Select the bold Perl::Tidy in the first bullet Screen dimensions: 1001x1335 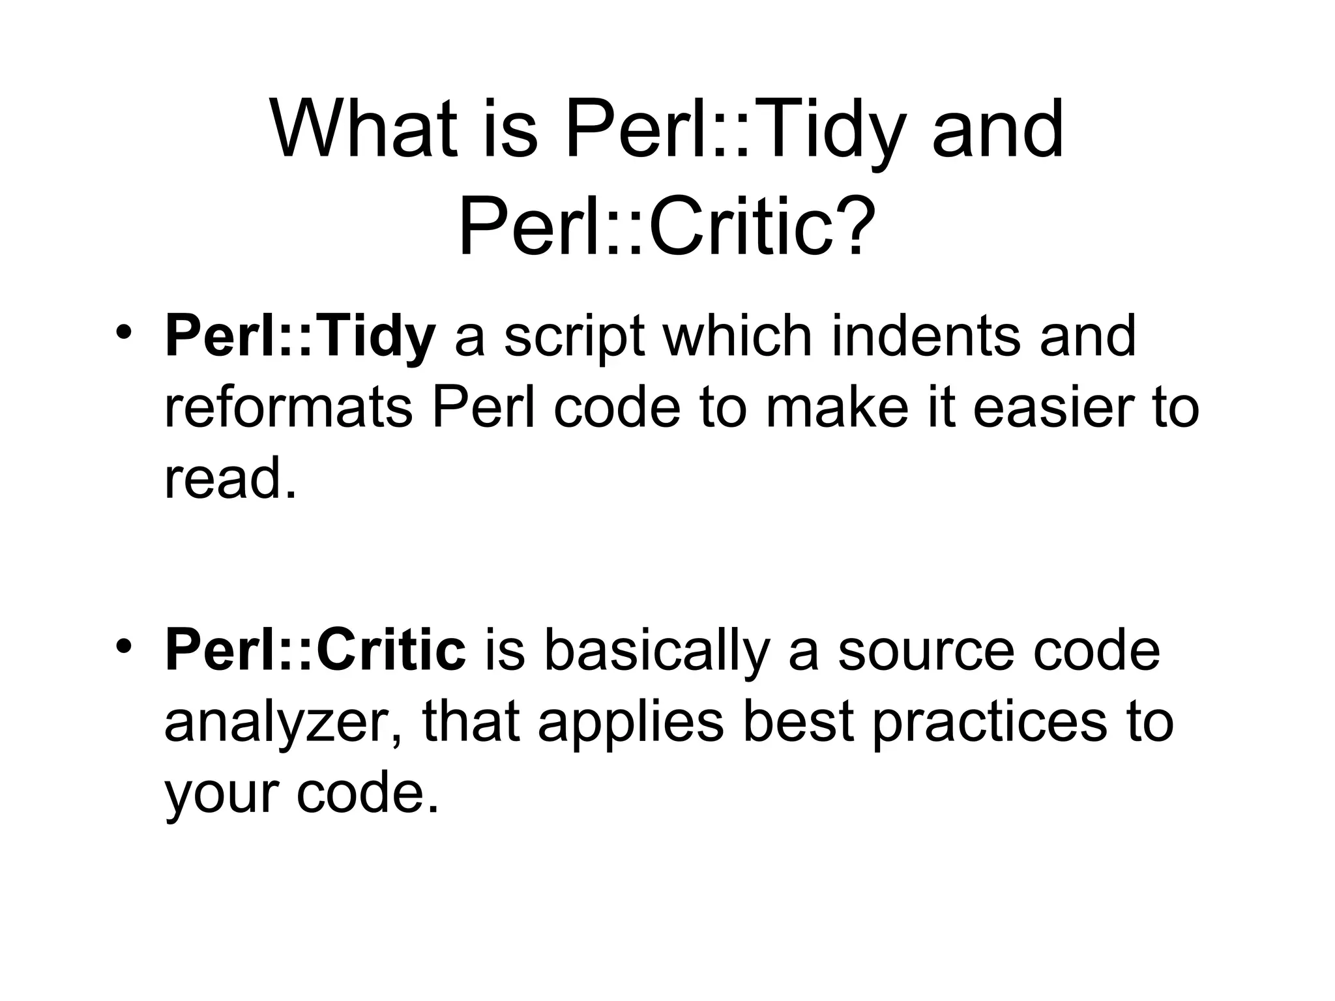tap(300, 337)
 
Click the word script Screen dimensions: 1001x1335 tap(574, 337)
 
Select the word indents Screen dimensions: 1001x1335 tap(926, 337)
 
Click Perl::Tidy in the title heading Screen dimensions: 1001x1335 tap(736, 130)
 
